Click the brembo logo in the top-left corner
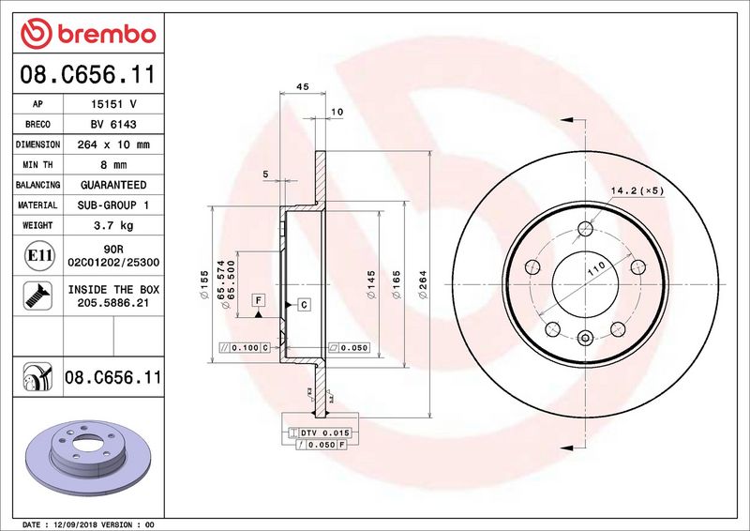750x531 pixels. click(88, 33)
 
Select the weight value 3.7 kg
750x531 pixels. click(113, 225)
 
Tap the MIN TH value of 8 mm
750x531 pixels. click(113, 165)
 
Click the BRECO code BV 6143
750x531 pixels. click(113, 124)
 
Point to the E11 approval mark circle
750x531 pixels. click(39, 255)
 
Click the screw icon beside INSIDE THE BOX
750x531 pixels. click(37, 296)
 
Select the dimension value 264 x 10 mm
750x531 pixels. click(113, 144)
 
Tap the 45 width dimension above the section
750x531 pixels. click(302, 86)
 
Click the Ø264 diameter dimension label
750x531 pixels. click(423, 285)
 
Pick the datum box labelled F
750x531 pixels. click(259, 300)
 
